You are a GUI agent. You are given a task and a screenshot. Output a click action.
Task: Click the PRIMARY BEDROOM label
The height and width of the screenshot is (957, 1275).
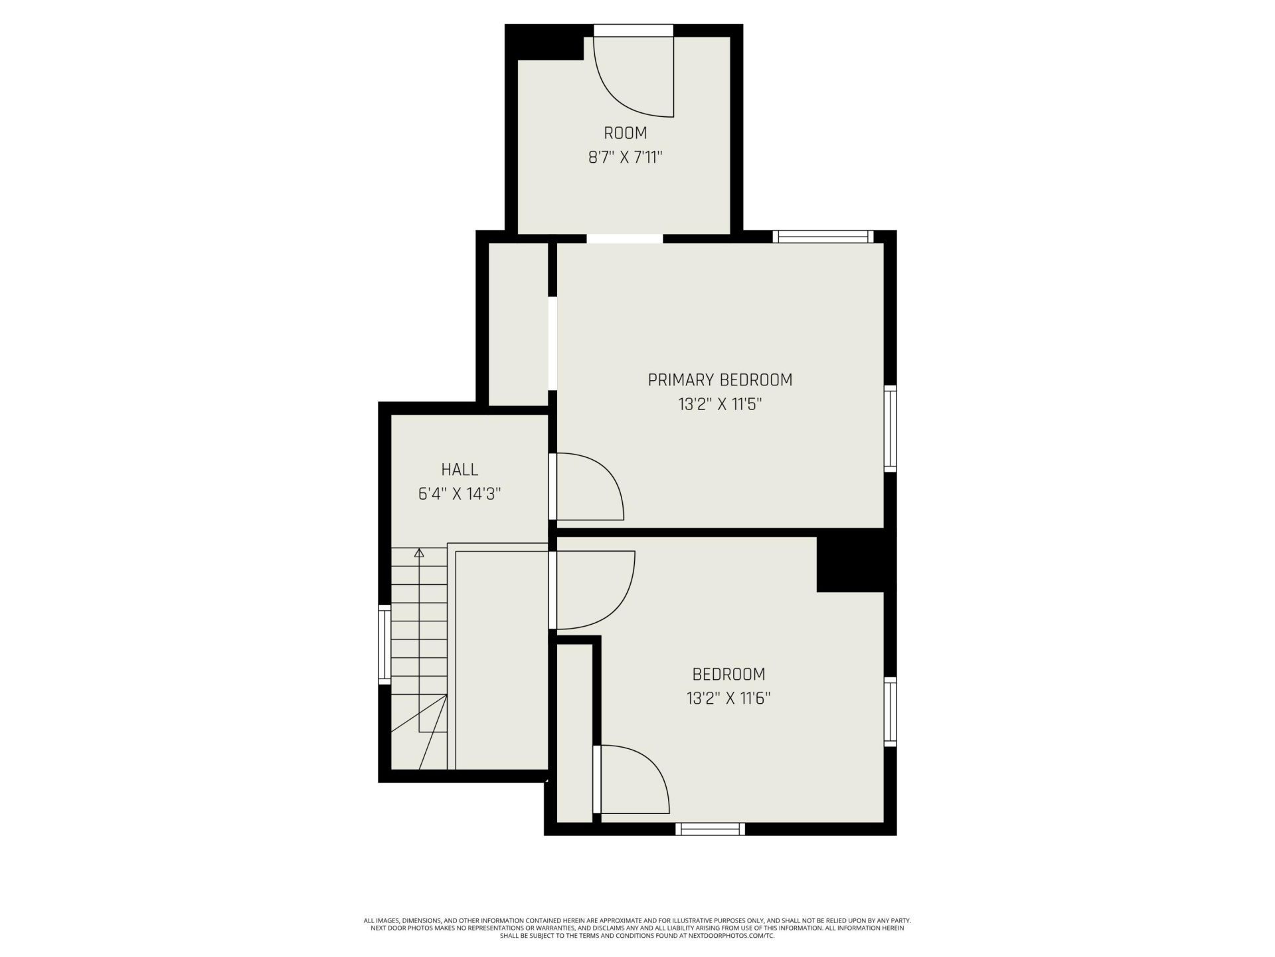point(720,380)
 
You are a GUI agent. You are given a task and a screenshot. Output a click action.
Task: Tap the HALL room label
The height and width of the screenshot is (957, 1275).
point(460,470)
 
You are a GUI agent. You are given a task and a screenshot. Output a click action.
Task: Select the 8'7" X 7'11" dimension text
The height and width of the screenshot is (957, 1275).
point(626,158)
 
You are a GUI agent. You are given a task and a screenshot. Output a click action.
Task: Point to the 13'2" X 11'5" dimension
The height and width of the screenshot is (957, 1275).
point(719,405)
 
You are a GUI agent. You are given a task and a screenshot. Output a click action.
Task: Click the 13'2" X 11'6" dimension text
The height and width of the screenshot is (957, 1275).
point(728,698)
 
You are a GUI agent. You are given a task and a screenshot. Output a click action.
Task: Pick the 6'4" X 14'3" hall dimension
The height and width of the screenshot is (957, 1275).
point(460,494)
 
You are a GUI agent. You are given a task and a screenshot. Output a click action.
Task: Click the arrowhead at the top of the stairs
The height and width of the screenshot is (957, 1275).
point(419,552)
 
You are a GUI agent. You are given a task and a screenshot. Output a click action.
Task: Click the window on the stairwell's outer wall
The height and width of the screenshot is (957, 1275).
point(384,644)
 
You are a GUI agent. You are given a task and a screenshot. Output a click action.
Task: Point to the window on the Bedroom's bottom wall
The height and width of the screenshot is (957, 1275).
point(711,829)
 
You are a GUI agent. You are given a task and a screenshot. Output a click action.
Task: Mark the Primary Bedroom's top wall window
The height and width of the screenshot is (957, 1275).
point(823,237)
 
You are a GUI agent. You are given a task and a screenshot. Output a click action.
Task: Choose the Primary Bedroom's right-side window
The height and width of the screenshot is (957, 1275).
point(891,429)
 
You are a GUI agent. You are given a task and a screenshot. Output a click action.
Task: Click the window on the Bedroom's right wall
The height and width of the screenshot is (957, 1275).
point(891,712)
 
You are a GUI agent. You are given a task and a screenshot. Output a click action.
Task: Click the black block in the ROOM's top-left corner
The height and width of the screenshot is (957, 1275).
point(545,43)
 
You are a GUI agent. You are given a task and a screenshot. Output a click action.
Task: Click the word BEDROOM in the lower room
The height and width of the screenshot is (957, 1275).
point(728,675)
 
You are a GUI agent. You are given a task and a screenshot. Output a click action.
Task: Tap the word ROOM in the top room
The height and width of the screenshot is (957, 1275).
point(626,133)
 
